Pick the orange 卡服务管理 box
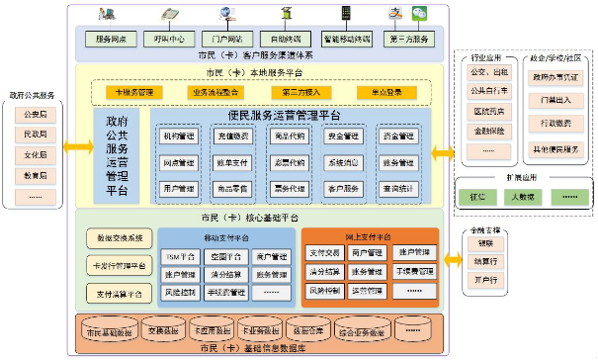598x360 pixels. click(131, 92)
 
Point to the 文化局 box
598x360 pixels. click(36, 155)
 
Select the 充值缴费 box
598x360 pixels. click(233, 135)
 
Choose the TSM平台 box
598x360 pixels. click(178, 256)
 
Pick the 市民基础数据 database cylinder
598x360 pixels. click(108, 331)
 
